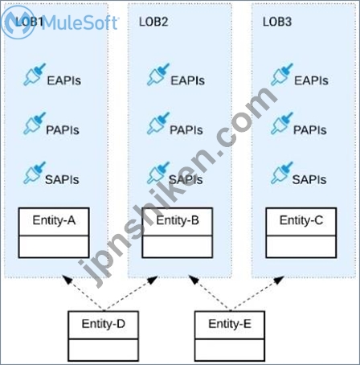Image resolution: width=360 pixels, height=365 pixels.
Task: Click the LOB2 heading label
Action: [153, 22]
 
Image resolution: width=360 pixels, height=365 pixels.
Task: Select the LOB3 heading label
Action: [277, 22]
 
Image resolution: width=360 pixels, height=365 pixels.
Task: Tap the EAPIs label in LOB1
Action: [64, 80]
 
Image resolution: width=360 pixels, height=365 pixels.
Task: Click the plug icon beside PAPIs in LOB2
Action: [158, 123]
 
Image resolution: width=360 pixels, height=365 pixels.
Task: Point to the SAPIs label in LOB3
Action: [309, 179]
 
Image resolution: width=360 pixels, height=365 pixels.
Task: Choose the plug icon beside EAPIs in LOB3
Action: [282, 74]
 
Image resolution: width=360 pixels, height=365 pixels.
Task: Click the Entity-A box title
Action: [54, 220]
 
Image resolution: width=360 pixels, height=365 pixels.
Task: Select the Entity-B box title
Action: [178, 220]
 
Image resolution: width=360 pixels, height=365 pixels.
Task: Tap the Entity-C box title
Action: [301, 220]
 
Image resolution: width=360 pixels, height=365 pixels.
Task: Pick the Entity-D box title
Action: [104, 324]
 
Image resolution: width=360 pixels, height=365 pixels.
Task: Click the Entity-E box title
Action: [230, 324]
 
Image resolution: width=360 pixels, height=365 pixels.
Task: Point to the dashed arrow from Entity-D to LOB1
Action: [84, 293]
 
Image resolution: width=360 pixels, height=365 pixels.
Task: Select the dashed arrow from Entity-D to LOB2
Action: [131, 293]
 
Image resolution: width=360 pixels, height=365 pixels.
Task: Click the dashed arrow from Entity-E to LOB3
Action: [257, 293]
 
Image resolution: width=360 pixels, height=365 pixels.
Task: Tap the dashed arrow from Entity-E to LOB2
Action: [210, 293]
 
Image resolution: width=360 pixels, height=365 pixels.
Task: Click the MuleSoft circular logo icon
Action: [18, 23]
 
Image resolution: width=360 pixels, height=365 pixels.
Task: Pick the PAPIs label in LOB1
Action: [63, 130]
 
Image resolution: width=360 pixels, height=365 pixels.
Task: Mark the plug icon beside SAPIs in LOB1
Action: [35, 172]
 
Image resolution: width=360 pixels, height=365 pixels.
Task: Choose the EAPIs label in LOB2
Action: [188, 80]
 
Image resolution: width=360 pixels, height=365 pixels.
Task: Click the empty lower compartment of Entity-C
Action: [301, 246]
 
